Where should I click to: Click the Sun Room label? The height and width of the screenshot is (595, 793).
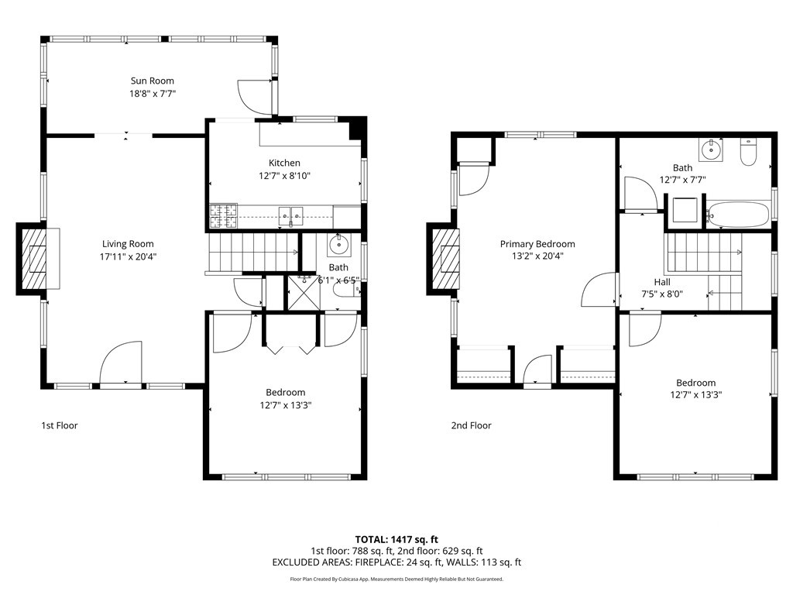pos(153,81)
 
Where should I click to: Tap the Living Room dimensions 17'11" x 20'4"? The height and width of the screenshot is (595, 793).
pos(128,256)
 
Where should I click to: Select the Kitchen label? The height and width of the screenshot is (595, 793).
pos(284,163)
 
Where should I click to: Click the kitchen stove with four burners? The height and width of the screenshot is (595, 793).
pos(224,216)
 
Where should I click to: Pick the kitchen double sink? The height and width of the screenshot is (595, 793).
pos(291,216)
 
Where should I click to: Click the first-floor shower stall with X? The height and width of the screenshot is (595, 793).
pos(304,292)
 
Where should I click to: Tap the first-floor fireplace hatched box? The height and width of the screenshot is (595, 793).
pos(33,259)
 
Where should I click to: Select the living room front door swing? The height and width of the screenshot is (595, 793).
pos(121,363)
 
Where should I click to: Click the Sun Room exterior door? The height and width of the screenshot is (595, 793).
pos(256,97)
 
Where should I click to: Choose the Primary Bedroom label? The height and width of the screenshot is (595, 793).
pos(537,244)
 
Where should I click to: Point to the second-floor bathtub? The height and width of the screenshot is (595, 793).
pos(738,215)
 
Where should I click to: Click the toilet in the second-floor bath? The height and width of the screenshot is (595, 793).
pos(748,151)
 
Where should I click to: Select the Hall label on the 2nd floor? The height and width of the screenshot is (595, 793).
pos(662,282)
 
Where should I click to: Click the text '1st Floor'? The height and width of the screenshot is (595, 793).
pos(60,425)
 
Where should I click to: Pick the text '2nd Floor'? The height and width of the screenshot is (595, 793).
pos(472,425)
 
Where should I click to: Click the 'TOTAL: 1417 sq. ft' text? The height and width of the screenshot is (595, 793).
pos(396,539)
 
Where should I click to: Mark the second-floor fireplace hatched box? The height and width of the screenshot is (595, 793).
pos(444,259)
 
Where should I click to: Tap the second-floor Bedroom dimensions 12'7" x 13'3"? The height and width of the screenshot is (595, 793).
pos(696,395)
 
